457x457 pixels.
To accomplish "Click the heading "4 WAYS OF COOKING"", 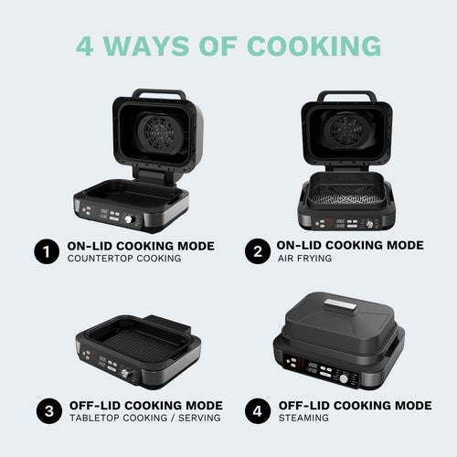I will click(x=228, y=45).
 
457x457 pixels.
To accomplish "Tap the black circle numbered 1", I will click(x=44, y=251).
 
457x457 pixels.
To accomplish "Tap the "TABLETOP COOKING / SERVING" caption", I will click(x=144, y=418).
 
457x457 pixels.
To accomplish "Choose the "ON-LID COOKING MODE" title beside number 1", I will click(x=141, y=245).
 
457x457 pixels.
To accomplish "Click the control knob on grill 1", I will click(x=129, y=219).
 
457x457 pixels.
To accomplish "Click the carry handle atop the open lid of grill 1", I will click(x=158, y=93).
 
